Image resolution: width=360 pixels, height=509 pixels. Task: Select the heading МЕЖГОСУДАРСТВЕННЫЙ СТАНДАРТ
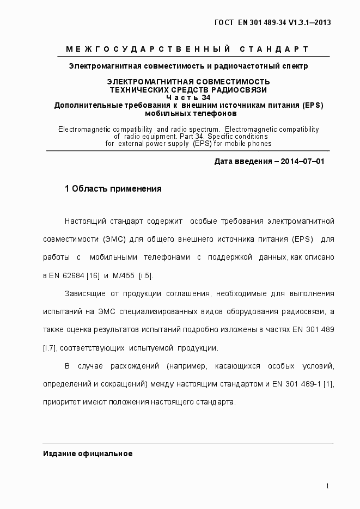tap(187, 50)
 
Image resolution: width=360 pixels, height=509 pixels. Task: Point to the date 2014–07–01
tap(302, 162)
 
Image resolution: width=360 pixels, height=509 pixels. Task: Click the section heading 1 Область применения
tap(113, 189)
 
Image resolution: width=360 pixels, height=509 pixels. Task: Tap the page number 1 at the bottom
tap(327, 486)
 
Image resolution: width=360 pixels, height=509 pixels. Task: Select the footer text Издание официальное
tap(88, 453)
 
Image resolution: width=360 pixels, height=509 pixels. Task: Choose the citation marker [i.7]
tap(50, 348)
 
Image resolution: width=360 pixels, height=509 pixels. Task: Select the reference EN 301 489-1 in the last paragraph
tap(296, 384)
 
